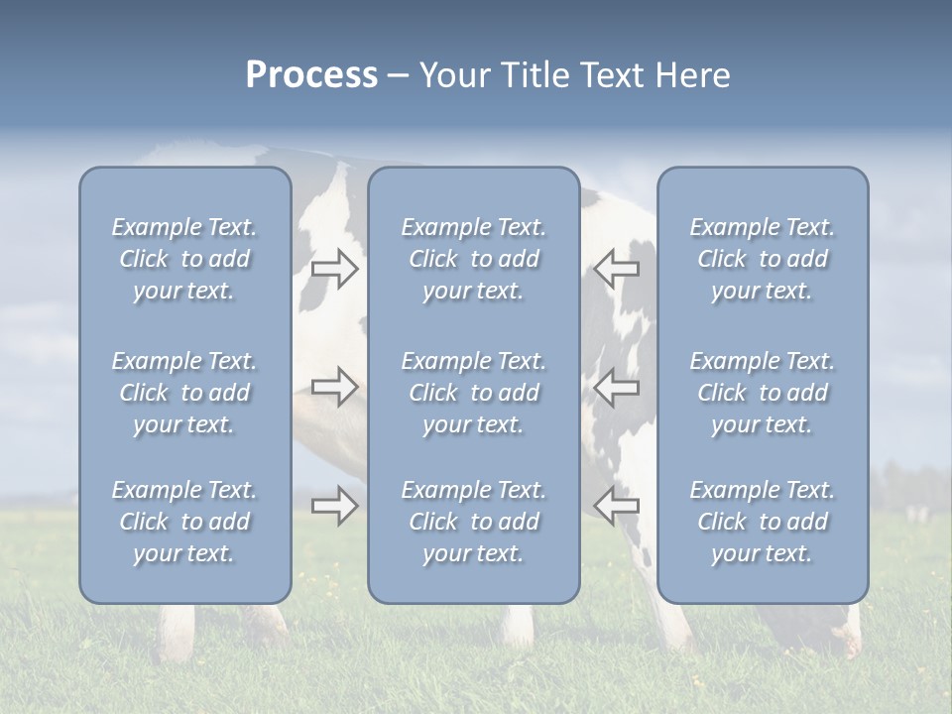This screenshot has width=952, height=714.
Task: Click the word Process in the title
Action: point(311,75)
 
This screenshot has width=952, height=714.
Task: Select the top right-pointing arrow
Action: point(334,268)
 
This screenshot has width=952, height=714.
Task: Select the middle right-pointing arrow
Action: point(334,387)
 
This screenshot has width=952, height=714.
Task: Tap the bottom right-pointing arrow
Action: point(334,506)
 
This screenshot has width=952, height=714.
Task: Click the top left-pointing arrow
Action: point(617,268)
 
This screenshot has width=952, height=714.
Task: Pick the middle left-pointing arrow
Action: point(617,387)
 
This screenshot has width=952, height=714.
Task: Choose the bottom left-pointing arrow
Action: point(617,506)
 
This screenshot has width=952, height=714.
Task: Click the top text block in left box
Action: point(184,259)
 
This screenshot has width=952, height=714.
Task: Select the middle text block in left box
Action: point(184,393)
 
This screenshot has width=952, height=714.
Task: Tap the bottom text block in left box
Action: point(184,522)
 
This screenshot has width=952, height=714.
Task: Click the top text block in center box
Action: point(473,259)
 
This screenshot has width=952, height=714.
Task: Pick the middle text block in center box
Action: point(473,393)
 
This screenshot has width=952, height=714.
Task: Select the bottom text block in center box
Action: point(473,522)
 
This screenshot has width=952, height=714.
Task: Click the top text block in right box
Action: point(762,259)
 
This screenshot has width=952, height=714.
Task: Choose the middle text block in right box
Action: point(762,393)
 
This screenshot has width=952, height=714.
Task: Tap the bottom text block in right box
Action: point(762,522)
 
